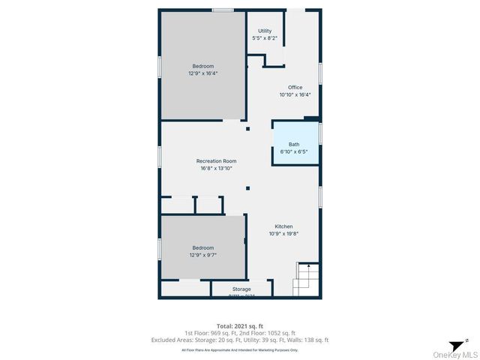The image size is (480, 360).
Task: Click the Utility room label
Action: coord(265,31)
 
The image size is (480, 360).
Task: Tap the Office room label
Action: coord(295,87)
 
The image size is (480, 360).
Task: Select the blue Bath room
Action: coord(294,143)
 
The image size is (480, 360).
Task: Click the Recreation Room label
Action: coord(216,160)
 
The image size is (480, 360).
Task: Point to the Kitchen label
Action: coord(283,226)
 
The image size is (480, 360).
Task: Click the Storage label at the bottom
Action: coord(241,289)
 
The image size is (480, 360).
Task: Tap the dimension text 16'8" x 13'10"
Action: coord(216,168)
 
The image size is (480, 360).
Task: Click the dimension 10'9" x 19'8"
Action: coord(283,234)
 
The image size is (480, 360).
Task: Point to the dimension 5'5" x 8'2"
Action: coord(265,38)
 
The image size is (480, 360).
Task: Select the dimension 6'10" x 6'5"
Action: coord(294,151)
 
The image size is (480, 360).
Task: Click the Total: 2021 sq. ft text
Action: coord(240,325)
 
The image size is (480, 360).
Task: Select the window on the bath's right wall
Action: coord(320,133)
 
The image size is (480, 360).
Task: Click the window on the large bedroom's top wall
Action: coord(221,10)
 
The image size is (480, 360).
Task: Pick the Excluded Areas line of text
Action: coord(240,340)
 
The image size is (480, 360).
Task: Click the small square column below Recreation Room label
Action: coord(247,188)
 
